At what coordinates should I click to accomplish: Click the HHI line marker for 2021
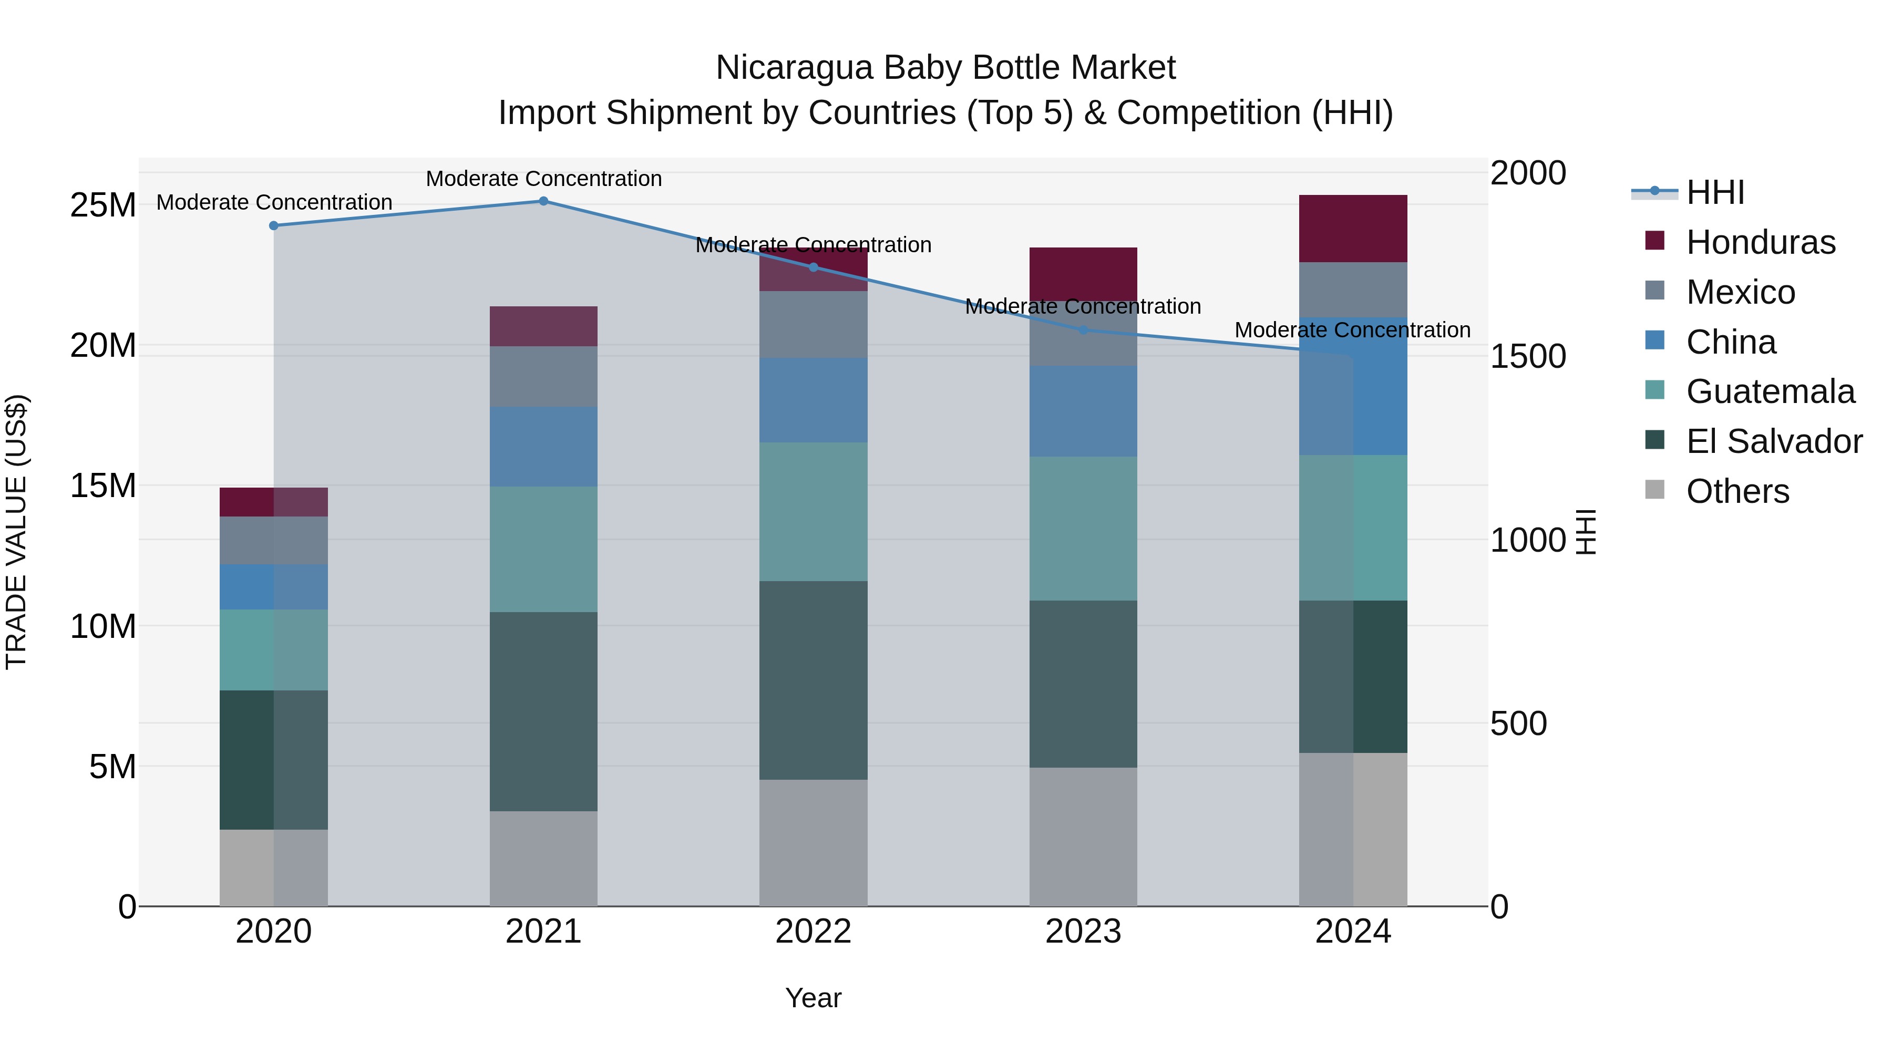pos(543,201)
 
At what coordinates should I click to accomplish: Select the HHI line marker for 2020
pos(274,225)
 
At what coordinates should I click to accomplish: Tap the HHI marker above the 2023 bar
pos(1083,330)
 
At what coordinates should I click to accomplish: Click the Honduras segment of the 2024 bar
pos(1353,229)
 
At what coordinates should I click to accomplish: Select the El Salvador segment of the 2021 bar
pos(543,711)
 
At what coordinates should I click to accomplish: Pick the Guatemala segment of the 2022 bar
pos(813,511)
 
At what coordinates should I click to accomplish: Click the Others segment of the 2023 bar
pos(1083,836)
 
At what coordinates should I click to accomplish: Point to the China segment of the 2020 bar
pos(274,587)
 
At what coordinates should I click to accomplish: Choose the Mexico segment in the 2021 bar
pos(543,376)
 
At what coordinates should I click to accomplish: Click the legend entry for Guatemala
pos(1770,391)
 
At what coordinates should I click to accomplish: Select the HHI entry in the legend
pos(1715,192)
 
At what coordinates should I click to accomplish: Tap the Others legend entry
pos(1737,491)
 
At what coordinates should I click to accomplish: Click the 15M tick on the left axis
pos(103,486)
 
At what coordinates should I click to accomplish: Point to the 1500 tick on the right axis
pos(1528,356)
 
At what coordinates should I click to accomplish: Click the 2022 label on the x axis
pos(813,932)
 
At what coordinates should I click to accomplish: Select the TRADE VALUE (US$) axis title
pos(16,532)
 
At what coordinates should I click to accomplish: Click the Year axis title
pos(813,998)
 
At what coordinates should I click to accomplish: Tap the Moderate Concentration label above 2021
pos(543,179)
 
